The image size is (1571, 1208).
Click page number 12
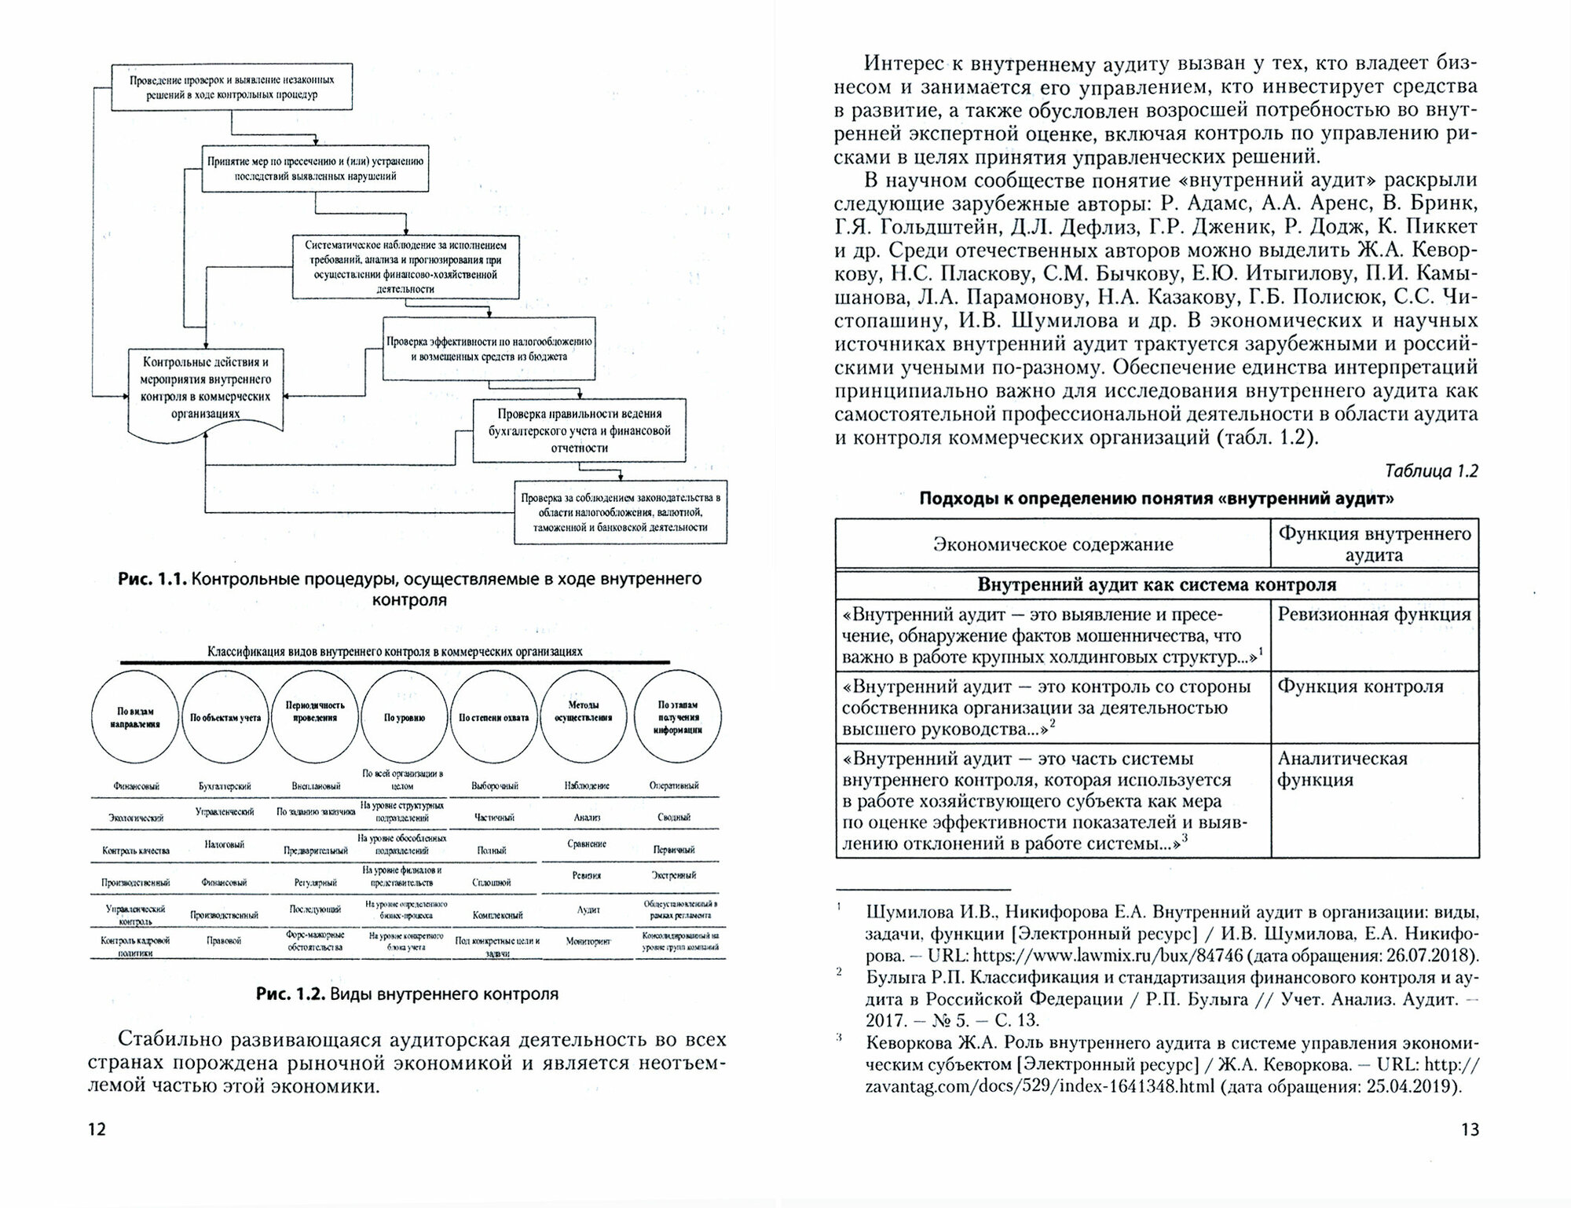(97, 1129)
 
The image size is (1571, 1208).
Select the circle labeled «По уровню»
(405, 717)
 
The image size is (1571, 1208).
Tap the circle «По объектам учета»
(225, 717)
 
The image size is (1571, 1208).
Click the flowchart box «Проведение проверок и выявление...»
(232, 87)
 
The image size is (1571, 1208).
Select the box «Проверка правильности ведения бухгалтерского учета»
(580, 430)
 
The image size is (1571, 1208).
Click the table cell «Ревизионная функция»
(1374, 614)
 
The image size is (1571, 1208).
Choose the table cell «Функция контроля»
(1360, 686)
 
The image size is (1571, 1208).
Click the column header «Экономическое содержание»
(1053, 544)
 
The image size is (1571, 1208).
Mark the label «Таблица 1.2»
(1432, 470)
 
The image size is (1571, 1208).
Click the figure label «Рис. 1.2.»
(290, 994)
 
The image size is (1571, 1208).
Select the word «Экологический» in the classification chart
(137, 818)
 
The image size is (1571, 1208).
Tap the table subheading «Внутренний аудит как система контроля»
(1156, 584)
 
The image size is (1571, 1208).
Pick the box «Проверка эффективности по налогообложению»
(489, 349)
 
